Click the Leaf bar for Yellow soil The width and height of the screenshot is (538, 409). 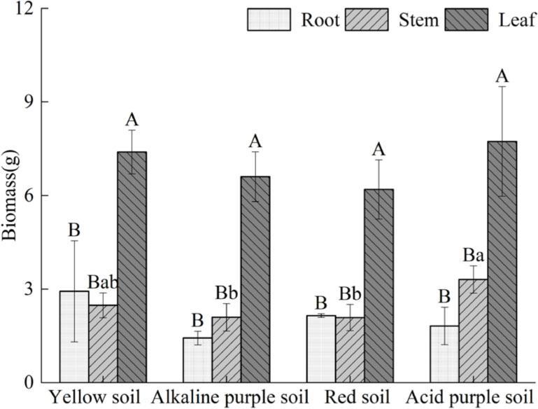pyautogui.click(x=132, y=267)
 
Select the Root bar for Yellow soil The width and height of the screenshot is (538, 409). pyautogui.click(x=74, y=336)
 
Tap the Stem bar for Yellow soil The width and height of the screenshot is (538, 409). pyautogui.click(x=103, y=343)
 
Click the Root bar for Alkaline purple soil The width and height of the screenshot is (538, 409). pyautogui.click(x=197, y=360)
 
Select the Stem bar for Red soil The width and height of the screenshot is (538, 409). pyautogui.click(x=350, y=349)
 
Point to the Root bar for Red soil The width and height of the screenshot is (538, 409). pyautogui.click(x=321, y=349)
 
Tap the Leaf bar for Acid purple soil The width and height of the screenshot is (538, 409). pyautogui.click(x=502, y=262)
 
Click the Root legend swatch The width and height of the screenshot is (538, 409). pyautogui.click(x=269, y=20)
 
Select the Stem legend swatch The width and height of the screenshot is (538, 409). pyautogui.click(x=369, y=20)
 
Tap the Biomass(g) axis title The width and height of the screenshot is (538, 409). pyautogui.click(x=10, y=195)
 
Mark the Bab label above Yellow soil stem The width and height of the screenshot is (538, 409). pyautogui.click(x=104, y=283)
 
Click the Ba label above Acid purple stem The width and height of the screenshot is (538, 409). pyautogui.click(x=473, y=255)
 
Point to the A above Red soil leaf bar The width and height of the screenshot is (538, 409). pyautogui.click(x=378, y=149)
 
